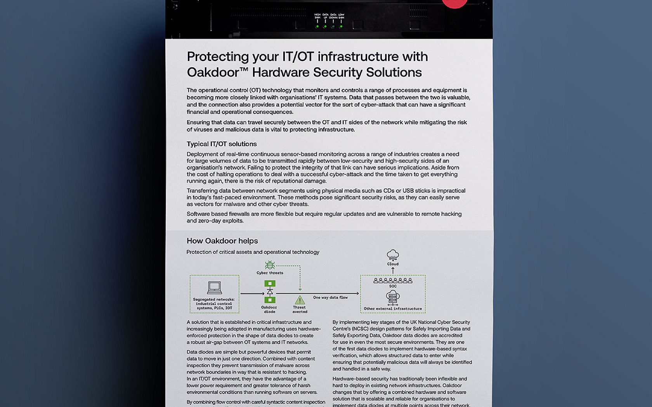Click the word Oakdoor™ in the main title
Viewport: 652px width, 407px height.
pos(217,72)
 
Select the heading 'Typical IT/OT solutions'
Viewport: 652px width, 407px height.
pos(222,144)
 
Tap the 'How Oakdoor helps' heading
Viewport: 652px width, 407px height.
pos(222,241)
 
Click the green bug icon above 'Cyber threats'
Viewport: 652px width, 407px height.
pos(270,265)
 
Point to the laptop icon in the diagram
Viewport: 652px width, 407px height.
pos(214,288)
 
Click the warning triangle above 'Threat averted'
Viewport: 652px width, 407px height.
pos(300,300)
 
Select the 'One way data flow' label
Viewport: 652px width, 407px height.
pos(330,297)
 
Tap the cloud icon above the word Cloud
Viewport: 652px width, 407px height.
pos(393,255)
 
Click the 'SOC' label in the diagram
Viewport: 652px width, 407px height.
pos(393,286)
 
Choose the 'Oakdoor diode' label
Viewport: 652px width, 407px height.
pos(269,309)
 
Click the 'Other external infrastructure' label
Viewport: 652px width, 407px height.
pos(393,309)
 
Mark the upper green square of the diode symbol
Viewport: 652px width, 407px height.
pos(270,284)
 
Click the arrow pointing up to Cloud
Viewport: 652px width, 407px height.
pos(393,270)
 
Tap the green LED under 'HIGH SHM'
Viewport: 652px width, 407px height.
pos(317,26)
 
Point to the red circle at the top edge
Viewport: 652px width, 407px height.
pos(454,3)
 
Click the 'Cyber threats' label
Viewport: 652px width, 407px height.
pos(270,273)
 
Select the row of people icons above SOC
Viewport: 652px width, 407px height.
pos(393,280)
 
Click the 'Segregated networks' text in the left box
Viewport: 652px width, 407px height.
pos(214,299)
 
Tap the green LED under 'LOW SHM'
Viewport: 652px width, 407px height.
pos(341,26)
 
